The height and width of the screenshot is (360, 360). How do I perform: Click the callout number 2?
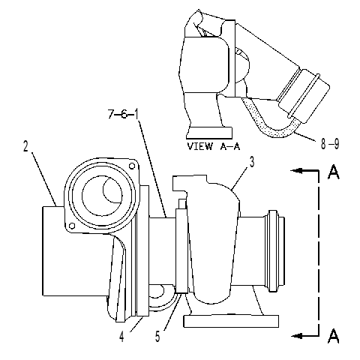25,146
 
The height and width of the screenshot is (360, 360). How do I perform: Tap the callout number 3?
252,162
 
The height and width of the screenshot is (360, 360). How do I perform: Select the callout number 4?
121,337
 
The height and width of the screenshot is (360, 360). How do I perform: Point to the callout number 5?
157,337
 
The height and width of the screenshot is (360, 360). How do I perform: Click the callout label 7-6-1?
123,114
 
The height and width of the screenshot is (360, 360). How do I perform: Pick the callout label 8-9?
330,144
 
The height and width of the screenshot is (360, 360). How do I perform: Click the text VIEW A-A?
214,146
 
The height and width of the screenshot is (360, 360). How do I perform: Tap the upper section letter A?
334,172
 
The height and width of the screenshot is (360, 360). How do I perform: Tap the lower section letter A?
334,336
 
